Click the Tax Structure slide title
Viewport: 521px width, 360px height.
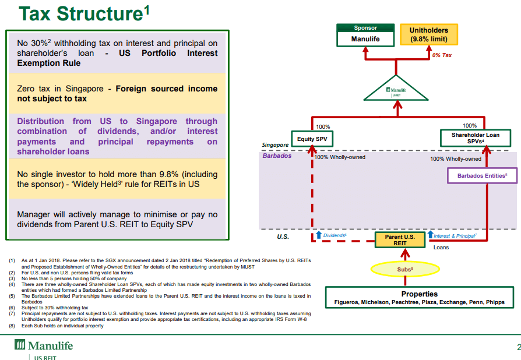click(84, 13)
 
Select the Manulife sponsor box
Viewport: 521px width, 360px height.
click(365, 35)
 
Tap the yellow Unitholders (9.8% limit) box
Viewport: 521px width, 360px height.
click(428, 34)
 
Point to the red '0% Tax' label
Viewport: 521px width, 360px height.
click(442, 55)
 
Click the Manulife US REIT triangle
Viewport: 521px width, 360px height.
click(396, 90)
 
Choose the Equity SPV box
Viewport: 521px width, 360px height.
click(312, 139)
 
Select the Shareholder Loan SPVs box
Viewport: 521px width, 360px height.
click(476, 138)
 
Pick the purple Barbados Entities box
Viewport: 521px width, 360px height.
click(482, 176)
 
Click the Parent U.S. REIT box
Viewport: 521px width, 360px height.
click(400, 240)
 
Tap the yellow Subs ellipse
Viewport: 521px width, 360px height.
click(405, 269)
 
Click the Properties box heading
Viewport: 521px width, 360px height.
click(420, 294)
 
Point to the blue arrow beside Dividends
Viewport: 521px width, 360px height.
click(319, 235)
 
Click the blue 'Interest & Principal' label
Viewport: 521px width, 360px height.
click(455, 236)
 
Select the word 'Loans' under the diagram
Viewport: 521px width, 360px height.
click(441, 248)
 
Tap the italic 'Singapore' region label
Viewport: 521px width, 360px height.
click(275, 145)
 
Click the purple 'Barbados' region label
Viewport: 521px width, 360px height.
click(277, 156)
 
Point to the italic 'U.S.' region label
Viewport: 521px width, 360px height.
click(283, 237)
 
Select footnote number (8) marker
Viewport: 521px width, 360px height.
click(12, 326)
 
